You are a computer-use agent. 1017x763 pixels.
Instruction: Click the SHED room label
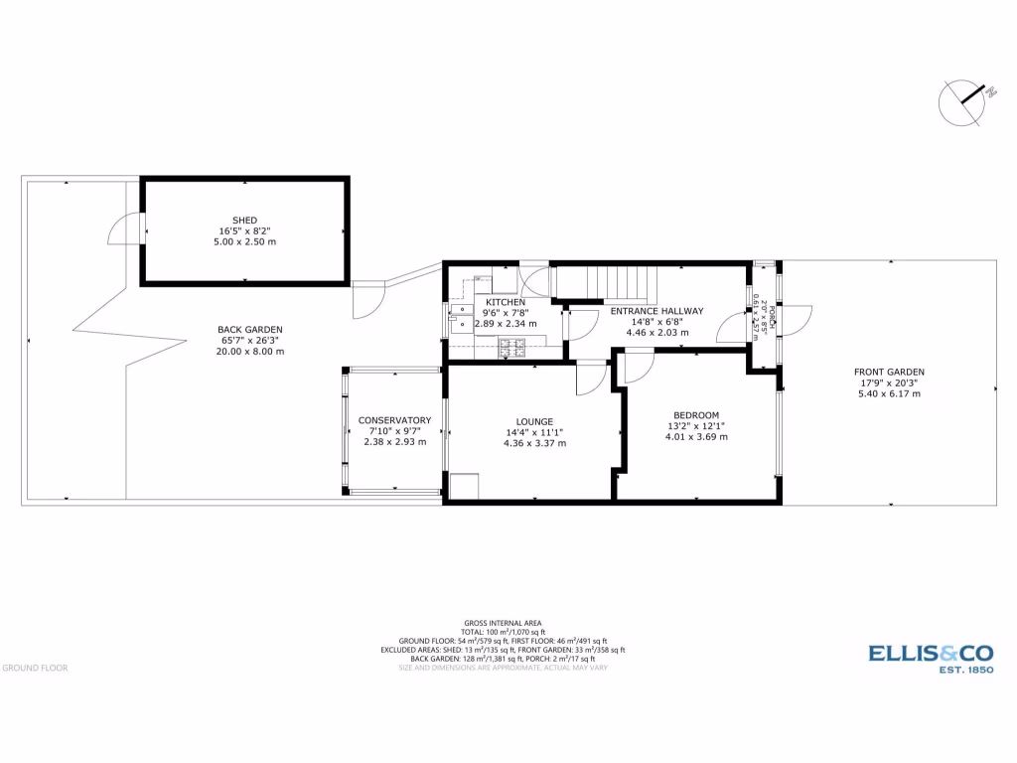(244, 220)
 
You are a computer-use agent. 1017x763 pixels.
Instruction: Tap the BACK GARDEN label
(250, 330)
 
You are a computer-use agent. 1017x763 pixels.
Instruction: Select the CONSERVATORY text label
(394, 420)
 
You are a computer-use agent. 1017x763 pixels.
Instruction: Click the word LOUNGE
(534, 421)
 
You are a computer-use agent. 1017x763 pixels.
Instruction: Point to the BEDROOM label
(695, 415)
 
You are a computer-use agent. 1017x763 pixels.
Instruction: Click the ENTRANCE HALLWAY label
(656, 311)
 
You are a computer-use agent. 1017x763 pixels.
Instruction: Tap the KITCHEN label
(506, 302)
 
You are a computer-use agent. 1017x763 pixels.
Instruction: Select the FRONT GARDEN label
(889, 373)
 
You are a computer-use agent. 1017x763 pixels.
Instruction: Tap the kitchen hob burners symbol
(512, 347)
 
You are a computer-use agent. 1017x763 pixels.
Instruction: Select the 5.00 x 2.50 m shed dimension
(244, 241)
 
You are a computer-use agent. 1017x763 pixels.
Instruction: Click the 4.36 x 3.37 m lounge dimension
(534, 443)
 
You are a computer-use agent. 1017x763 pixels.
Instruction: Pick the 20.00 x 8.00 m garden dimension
(250, 351)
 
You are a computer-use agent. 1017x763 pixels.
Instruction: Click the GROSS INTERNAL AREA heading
(508, 623)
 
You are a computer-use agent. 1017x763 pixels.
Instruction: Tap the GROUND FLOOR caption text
(35, 668)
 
